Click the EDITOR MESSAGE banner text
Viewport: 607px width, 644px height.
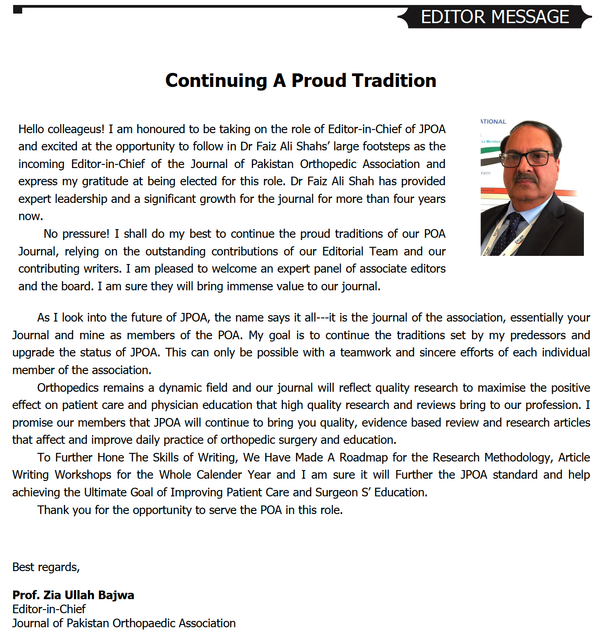(495, 17)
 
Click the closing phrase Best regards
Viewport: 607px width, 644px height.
(46, 567)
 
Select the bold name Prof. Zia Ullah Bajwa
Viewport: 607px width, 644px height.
(73, 595)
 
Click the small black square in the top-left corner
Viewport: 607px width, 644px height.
(18, 10)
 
